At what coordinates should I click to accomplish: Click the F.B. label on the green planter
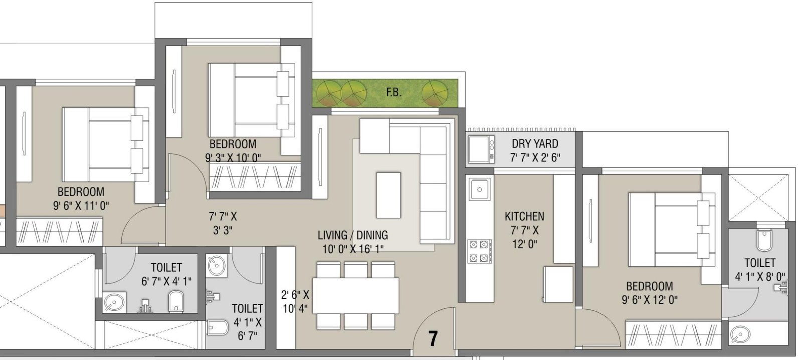394,92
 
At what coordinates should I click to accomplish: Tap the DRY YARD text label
535,144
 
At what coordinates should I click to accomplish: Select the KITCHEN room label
524,217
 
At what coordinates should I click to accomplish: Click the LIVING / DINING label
353,235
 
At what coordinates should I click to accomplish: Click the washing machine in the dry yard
481,149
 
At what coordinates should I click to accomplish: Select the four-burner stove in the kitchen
479,251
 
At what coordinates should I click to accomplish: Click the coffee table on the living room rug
388,195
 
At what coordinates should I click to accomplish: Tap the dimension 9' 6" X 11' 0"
81,205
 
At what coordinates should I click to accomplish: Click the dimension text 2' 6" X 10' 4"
295,301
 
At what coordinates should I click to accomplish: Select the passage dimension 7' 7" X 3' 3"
222,223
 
